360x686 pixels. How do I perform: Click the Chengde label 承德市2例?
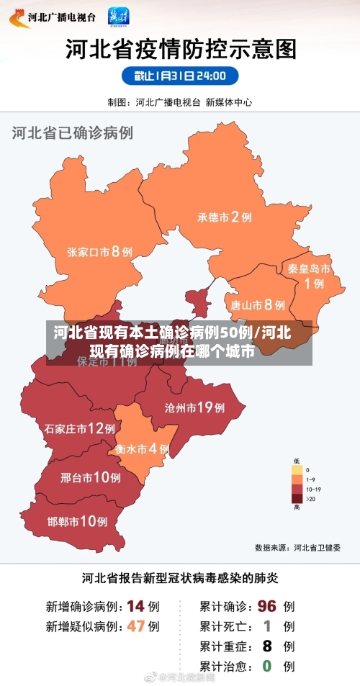point(224,217)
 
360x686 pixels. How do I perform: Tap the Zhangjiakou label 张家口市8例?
point(99,252)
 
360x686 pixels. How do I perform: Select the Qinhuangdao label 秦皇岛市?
point(309,268)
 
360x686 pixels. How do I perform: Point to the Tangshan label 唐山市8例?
point(257,305)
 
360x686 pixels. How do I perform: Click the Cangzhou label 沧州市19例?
point(194,408)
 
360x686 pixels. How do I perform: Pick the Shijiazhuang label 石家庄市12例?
point(79,429)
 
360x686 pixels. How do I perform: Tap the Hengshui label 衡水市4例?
point(142,448)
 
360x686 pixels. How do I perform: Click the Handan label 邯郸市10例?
point(77,521)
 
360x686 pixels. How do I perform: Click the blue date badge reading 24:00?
point(179,76)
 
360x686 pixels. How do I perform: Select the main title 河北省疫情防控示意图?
point(181,48)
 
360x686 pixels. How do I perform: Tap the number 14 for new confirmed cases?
point(135,606)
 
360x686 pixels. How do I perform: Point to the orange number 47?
point(135,626)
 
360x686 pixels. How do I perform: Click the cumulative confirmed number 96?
point(266,606)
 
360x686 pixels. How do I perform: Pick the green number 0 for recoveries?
point(266,666)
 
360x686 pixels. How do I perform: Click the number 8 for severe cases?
point(266,646)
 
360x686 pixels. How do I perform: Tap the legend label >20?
point(310,498)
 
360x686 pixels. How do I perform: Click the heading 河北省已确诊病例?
point(72,133)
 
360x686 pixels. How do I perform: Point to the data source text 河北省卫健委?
point(317,547)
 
